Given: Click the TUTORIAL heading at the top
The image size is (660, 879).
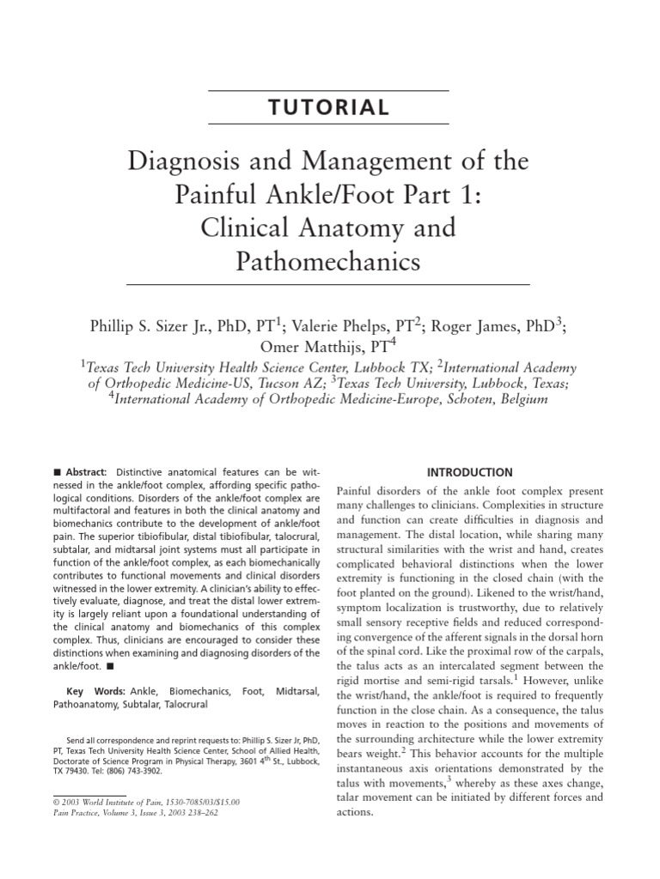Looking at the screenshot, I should click(329, 108).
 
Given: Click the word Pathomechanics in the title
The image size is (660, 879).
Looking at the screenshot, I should click(329, 261).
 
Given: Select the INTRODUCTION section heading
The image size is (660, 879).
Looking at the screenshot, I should click(469, 472).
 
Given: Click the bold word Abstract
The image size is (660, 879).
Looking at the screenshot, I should click(84, 472).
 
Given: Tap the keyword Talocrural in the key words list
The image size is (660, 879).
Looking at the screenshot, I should click(180, 705).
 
